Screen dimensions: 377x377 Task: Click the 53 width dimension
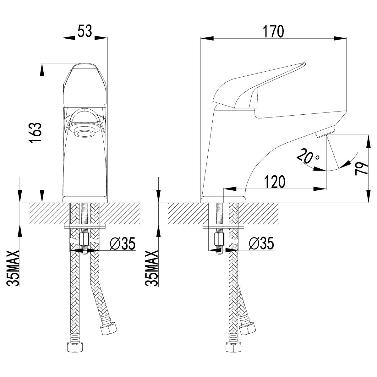[x=85, y=31]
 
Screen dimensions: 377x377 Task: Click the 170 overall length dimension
[x=273, y=31]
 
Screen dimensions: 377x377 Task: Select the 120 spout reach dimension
[x=275, y=182]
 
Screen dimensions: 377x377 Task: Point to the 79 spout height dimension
[x=362, y=168]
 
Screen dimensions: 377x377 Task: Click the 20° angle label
[x=308, y=156]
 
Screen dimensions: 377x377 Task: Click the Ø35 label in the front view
[x=123, y=243]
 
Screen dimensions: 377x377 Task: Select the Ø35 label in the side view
[x=261, y=243]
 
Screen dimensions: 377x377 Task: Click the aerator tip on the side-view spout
[x=325, y=132]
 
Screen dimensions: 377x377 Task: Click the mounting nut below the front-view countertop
[x=85, y=240]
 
